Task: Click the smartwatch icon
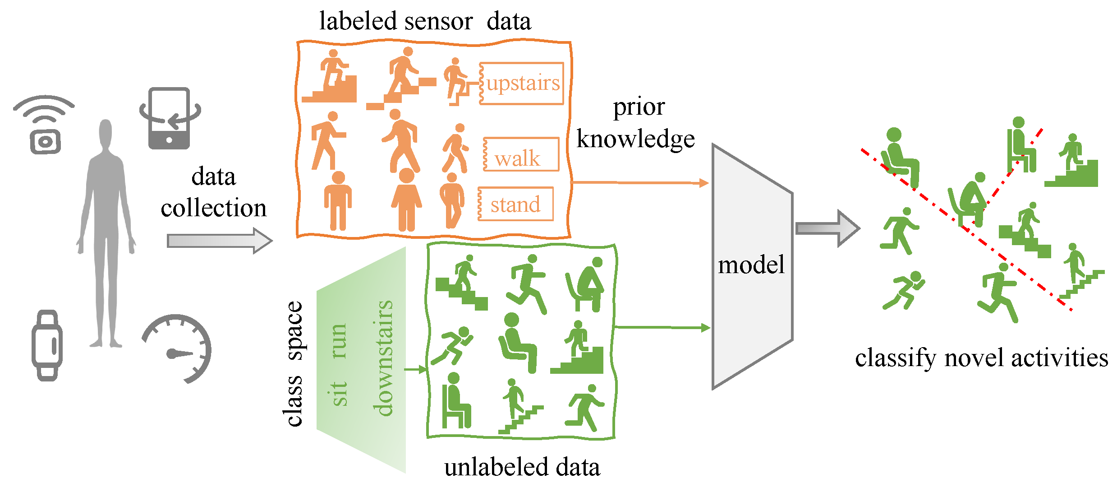[47, 345]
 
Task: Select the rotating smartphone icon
[170, 119]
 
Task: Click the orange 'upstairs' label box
[521, 84]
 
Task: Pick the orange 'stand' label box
[515, 204]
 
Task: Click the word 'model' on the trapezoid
[751, 265]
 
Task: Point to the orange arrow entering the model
[640, 182]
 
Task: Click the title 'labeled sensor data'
[425, 21]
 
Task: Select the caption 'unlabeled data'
[522, 467]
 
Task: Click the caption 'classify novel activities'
[981, 358]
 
